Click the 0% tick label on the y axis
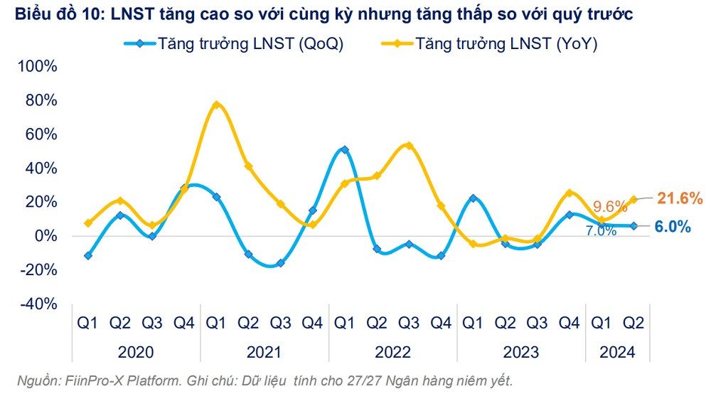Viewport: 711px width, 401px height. tap(44, 236)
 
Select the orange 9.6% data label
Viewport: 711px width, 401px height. tap(611, 207)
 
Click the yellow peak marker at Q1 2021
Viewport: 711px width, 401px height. tap(216, 105)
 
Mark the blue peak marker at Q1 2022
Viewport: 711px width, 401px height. tap(344, 150)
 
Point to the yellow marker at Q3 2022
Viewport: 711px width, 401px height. tap(408, 146)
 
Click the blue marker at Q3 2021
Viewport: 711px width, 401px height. tap(280, 262)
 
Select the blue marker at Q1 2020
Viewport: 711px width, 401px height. tap(87, 255)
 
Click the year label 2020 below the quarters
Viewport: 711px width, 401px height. tap(136, 352)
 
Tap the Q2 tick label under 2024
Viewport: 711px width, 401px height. tap(633, 324)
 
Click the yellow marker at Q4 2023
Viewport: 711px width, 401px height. tap(569, 193)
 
